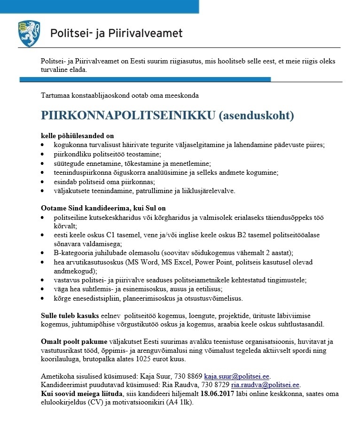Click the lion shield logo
[29, 33]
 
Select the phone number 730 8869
[188, 376]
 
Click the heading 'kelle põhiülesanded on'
[77, 135]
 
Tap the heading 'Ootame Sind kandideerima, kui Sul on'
[103, 208]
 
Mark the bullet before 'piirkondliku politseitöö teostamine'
[43, 154]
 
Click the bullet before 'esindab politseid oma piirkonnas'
[43, 181]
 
